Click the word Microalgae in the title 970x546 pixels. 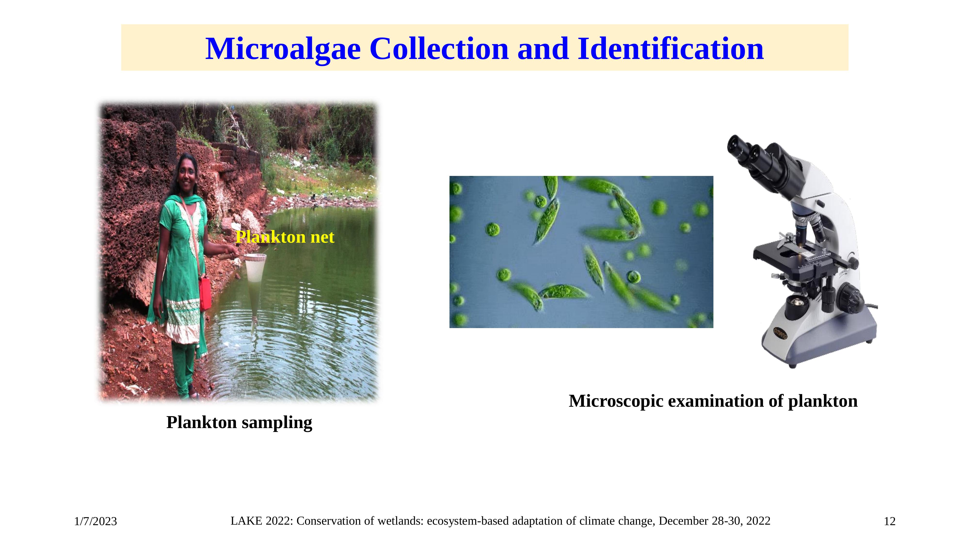pos(283,49)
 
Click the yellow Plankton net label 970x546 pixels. pos(285,237)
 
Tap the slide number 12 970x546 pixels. pos(890,521)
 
